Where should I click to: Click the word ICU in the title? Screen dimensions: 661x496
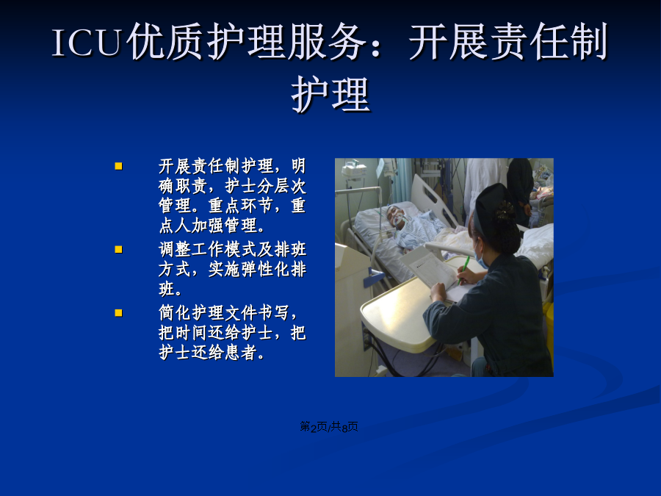(x=87, y=42)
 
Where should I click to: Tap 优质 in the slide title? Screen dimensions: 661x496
(x=165, y=42)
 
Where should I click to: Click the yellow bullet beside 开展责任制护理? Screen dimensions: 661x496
(x=118, y=166)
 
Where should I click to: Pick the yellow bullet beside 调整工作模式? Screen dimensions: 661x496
(x=118, y=250)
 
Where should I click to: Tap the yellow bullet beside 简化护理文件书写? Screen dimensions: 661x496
(x=118, y=313)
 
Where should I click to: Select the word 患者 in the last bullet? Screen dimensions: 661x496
(x=240, y=353)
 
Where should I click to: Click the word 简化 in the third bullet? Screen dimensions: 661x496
(x=175, y=313)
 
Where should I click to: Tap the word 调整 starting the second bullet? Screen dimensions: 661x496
(x=175, y=250)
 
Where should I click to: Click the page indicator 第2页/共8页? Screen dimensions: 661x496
(x=329, y=427)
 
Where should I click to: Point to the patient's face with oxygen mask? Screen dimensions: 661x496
(x=397, y=218)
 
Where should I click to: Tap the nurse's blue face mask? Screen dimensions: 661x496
(x=480, y=259)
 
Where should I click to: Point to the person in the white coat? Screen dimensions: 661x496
(x=485, y=186)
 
